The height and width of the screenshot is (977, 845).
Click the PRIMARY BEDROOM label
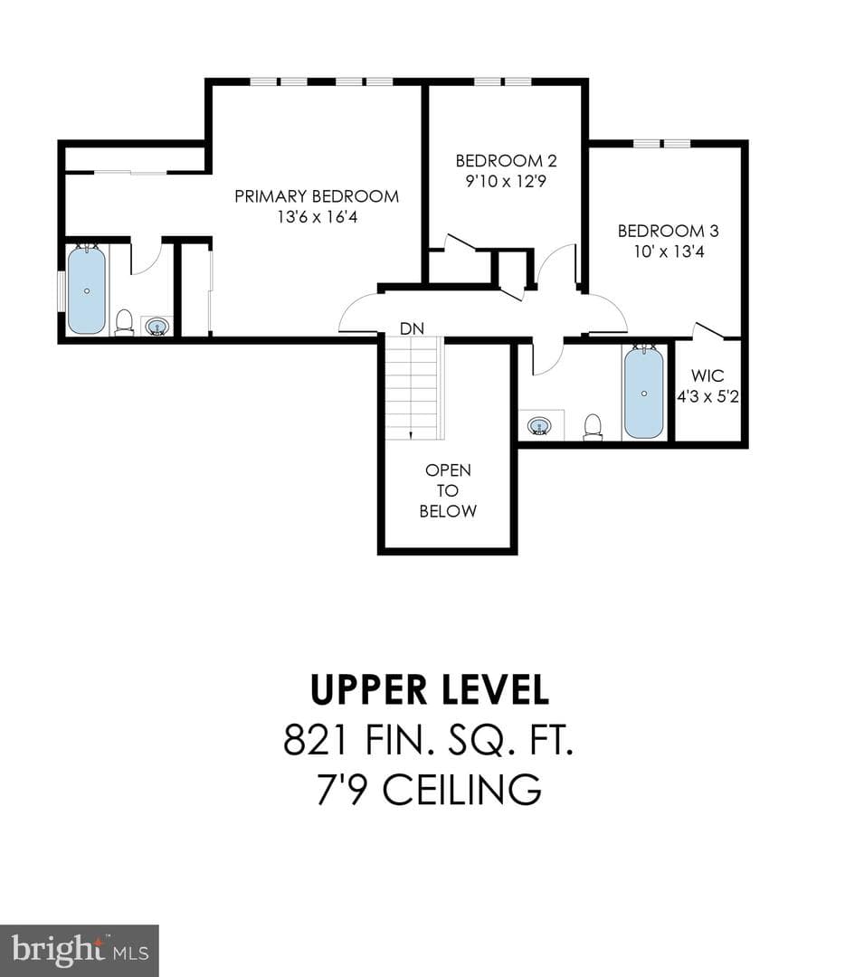pos(317,196)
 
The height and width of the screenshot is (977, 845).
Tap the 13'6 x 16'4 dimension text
pos(318,217)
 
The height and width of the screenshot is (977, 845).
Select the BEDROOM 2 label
pos(506,161)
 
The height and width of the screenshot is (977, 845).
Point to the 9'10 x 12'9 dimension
pos(506,181)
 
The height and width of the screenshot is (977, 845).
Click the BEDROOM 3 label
pos(668,232)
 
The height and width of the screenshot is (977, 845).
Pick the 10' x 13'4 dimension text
pos(669,251)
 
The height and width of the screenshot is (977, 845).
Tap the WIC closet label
pos(707,375)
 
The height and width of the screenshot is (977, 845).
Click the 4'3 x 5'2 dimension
pos(707,396)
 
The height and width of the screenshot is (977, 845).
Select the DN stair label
pos(412,328)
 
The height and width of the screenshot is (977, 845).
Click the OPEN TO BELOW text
pos(448,490)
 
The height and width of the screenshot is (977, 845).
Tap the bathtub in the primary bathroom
pos(87,290)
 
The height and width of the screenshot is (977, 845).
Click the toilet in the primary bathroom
pos(125,323)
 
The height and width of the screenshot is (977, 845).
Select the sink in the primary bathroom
pos(157,326)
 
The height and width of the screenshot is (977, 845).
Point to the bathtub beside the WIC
pos(644,394)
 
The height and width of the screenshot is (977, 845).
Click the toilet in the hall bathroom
pos(593,427)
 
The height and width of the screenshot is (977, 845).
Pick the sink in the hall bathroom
pos(539,426)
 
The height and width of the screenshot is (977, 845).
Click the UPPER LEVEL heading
pos(430,689)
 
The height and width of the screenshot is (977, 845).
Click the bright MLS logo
pos(79,951)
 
